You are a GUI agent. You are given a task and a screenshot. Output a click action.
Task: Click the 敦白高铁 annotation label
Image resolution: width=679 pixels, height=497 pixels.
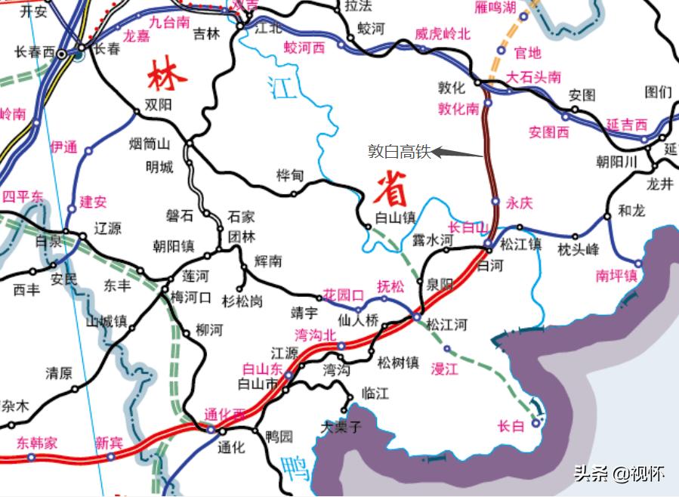(400, 152)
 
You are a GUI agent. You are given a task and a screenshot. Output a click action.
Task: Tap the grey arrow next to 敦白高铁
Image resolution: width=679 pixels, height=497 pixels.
(457, 153)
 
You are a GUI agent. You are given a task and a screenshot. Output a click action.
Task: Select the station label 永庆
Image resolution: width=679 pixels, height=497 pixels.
(520, 202)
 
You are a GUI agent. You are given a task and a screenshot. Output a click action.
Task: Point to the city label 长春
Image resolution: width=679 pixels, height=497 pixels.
(107, 49)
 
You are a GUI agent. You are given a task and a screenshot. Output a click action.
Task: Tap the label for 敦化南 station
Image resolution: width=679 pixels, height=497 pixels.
(458, 109)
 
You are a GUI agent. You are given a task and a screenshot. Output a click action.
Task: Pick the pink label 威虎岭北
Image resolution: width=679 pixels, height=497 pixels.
(443, 34)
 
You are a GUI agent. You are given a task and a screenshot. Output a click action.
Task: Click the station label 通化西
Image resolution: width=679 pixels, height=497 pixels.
(225, 415)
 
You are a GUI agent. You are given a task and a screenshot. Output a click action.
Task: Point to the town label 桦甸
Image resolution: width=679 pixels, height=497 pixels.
(290, 175)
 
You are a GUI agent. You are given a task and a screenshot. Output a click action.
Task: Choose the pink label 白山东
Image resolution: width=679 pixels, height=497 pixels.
(262, 369)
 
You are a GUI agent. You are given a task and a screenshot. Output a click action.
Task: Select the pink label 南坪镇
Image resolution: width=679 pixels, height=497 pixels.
(616, 276)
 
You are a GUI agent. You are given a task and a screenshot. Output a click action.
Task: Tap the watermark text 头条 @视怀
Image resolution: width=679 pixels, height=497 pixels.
(619, 474)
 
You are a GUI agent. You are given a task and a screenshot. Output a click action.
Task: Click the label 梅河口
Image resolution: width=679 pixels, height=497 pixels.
(191, 297)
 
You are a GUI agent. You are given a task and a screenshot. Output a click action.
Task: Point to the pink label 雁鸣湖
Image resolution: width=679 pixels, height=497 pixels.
(506, 8)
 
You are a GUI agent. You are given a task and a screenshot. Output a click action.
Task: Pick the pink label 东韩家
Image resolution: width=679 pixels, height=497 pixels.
(37, 443)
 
